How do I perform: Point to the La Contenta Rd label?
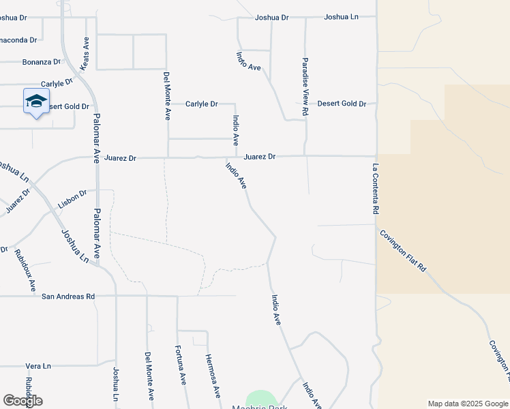pyautogui.click(x=375, y=189)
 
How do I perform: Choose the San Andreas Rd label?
pyautogui.click(x=67, y=297)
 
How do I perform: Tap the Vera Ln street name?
pyautogui.click(x=38, y=366)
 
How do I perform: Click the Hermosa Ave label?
pyautogui.click(x=213, y=376)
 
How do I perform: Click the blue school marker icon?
pyautogui.click(x=35, y=103)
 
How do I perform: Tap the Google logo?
pyautogui.click(x=22, y=401)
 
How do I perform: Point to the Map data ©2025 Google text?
pyautogui.click(x=468, y=404)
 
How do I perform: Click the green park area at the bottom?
pyautogui.click(x=261, y=399)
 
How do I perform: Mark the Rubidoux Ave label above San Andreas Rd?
pyautogui.click(x=25, y=271)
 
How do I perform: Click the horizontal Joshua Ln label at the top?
pyautogui.click(x=341, y=17)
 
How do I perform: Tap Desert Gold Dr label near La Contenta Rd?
pyautogui.click(x=342, y=104)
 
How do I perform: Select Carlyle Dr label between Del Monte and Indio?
pyautogui.click(x=201, y=104)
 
